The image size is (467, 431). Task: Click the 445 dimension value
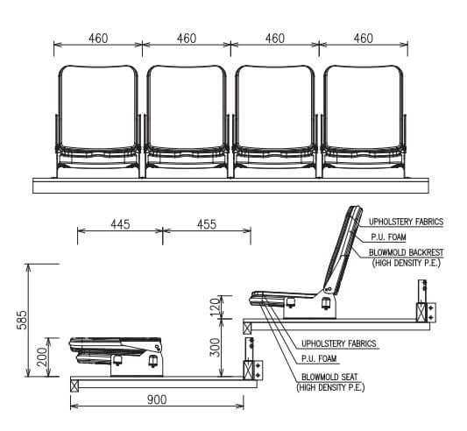pos(120,224)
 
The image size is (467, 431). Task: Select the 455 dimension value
pos(207,224)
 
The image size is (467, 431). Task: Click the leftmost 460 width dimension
pos(97,39)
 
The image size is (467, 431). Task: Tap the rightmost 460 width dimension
pos(363,39)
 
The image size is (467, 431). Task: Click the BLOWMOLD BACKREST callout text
pos(407,252)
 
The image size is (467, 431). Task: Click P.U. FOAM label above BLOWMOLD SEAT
pos(319,359)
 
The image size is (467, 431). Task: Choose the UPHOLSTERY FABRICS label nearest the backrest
pos(407,222)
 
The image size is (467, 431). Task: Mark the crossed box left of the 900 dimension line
pos(74,382)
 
